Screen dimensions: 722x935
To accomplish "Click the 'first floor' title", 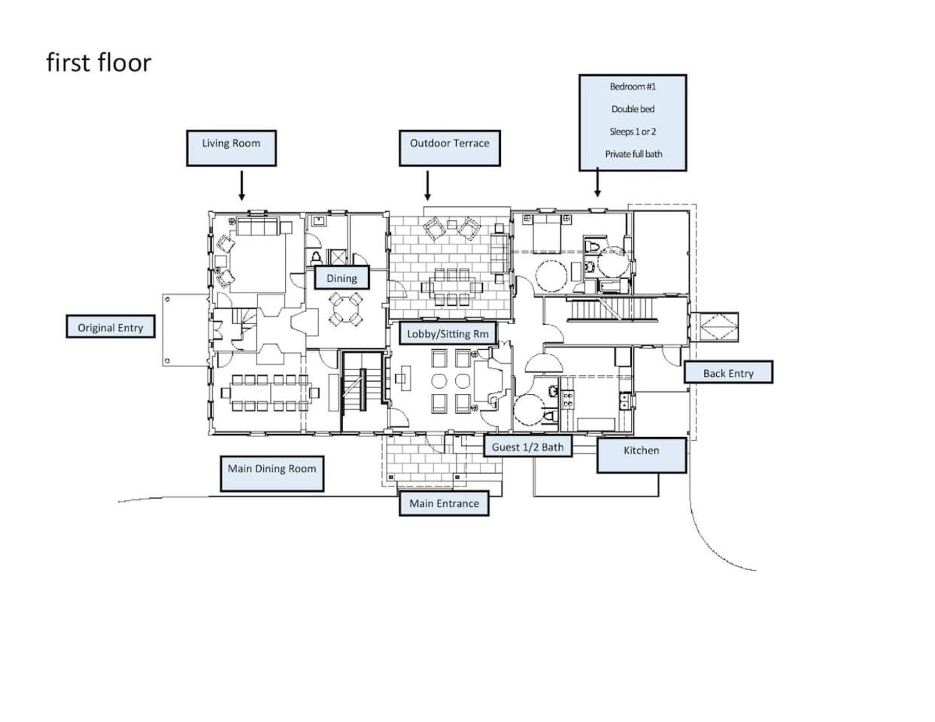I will click(x=99, y=62).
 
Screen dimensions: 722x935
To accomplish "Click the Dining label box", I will click(x=342, y=278).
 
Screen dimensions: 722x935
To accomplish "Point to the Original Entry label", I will click(x=111, y=327).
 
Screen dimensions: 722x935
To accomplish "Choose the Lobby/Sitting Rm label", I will click(x=448, y=333).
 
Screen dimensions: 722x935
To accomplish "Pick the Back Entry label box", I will click(x=728, y=373).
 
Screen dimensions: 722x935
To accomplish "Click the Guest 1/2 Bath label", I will click(x=527, y=447).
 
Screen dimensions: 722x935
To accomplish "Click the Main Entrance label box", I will click(x=444, y=504).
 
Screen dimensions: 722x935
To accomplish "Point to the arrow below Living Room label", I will click(x=241, y=185).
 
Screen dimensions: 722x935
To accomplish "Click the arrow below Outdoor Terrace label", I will click(x=427, y=185).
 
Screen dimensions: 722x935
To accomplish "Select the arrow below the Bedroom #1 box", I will click(x=597, y=182).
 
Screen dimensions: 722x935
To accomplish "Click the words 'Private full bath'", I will click(x=633, y=154).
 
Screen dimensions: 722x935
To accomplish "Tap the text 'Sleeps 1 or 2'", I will click(x=633, y=132).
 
